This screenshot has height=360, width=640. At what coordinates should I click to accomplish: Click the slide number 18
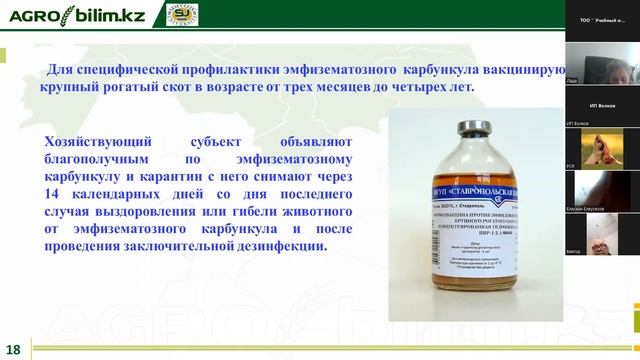(13, 349)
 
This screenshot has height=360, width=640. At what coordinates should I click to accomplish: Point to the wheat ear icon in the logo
(71, 14)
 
